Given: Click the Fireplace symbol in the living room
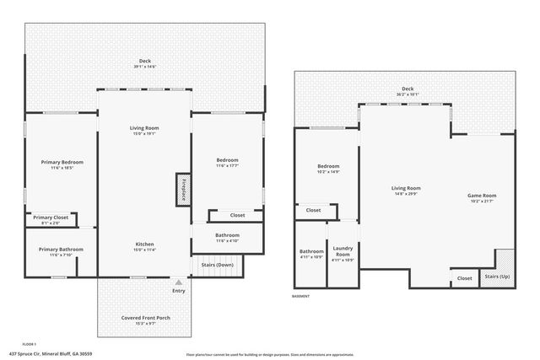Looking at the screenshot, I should pos(182,189).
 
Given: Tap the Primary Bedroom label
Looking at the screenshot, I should pos(62,161).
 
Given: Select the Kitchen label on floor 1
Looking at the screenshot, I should pos(144,244).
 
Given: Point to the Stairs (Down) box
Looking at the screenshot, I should pos(218,265).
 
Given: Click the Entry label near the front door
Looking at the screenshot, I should pos(178,291).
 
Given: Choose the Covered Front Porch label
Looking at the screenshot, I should pos(146,318).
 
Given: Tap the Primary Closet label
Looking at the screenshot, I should pos(51,218).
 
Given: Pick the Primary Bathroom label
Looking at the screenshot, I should pos(60,249).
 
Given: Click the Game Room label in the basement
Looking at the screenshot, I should pos(482,196).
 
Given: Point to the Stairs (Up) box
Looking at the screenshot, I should pos(496,277).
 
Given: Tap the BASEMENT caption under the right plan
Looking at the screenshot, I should pos(301,296).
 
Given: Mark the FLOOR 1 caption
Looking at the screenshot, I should pos(30,344).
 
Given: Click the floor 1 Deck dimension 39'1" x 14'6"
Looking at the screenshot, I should pos(144,66).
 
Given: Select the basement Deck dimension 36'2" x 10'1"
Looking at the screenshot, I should pos(408,94).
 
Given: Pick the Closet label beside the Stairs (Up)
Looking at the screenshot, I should pos(464,277).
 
